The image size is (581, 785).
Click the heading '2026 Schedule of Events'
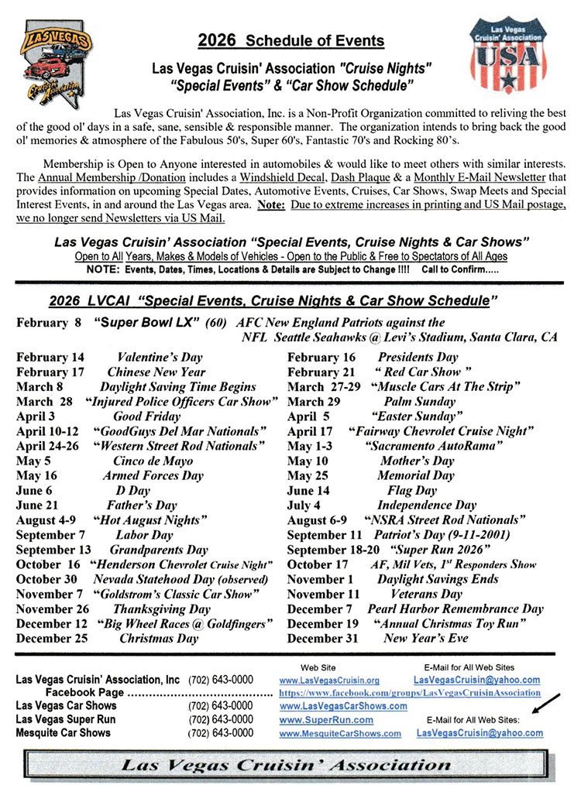290,40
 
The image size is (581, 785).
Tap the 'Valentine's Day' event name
160,358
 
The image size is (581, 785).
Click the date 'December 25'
52,639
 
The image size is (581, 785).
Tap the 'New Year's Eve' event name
425,639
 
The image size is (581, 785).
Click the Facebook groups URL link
410,693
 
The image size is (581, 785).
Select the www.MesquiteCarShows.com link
340,733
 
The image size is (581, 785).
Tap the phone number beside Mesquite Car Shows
220,733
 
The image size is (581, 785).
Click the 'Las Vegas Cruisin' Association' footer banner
290,765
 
